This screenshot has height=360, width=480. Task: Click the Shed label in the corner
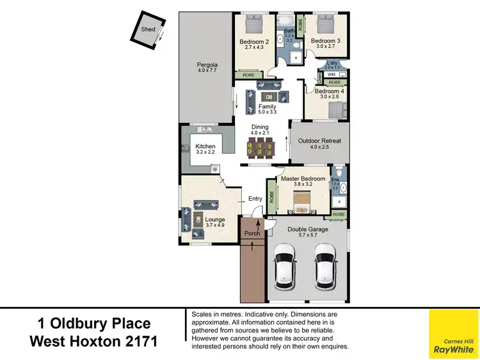coord(148,29)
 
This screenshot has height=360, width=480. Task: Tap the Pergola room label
coord(207,65)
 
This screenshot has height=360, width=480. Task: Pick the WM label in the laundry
coord(332,75)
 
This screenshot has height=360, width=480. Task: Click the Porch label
coord(253,233)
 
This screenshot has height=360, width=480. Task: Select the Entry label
coord(255,199)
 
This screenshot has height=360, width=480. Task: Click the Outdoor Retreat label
coord(321,141)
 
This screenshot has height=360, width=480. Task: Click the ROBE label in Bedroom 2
coord(248,75)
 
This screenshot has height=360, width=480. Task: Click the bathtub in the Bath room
coord(280,38)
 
